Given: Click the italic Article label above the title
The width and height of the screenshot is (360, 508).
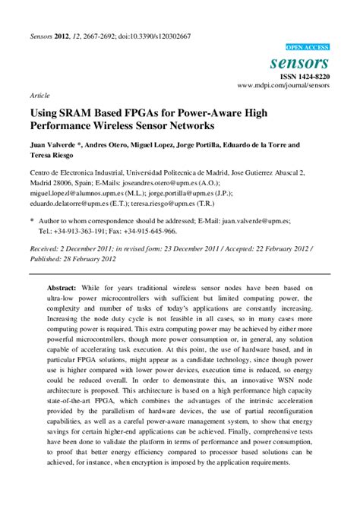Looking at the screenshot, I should click(39, 96).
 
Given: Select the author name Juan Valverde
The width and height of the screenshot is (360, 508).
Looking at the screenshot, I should click(52, 144).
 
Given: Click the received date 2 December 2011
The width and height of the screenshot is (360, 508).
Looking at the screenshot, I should click(89, 248).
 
